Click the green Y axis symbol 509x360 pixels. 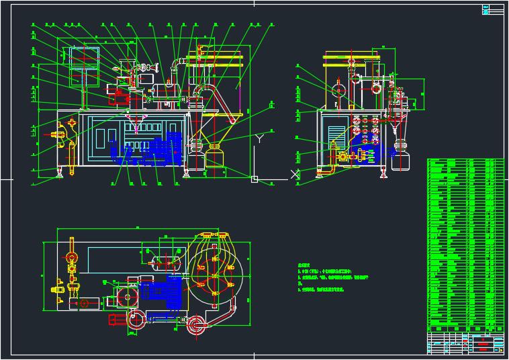pyautogui.click(x=259, y=139)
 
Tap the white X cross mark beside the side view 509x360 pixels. pyautogui.click(x=293, y=175)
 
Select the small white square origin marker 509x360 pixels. pyautogui.click(x=254, y=179)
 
